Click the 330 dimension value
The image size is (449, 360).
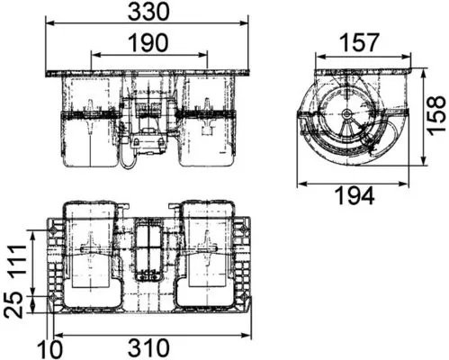[x=148, y=12]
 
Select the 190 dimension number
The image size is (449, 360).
[x=148, y=42]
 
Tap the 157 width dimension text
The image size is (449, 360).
[x=360, y=43]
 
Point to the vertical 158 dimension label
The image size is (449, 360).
[x=436, y=115]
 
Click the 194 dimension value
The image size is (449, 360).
[x=355, y=195]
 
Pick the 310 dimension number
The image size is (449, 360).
[x=148, y=348]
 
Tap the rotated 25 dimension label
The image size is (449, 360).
[x=14, y=304]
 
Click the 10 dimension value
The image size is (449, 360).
[x=49, y=348]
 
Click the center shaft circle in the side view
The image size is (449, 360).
[x=347, y=113]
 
